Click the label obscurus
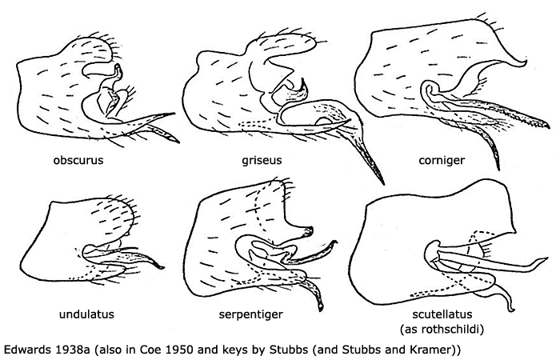(78, 160)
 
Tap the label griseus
(262, 160)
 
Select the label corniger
(442, 160)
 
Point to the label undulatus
(86, 314)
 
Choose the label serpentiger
(250, 314)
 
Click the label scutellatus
(442, 314)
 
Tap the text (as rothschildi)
(442, 329)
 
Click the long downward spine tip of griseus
(383, 183)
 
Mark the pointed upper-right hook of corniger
(526, 62)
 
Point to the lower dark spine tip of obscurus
(178, 142)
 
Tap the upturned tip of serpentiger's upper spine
(336, 242)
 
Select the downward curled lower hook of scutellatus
(514, 309)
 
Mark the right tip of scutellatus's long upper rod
(547, 258)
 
